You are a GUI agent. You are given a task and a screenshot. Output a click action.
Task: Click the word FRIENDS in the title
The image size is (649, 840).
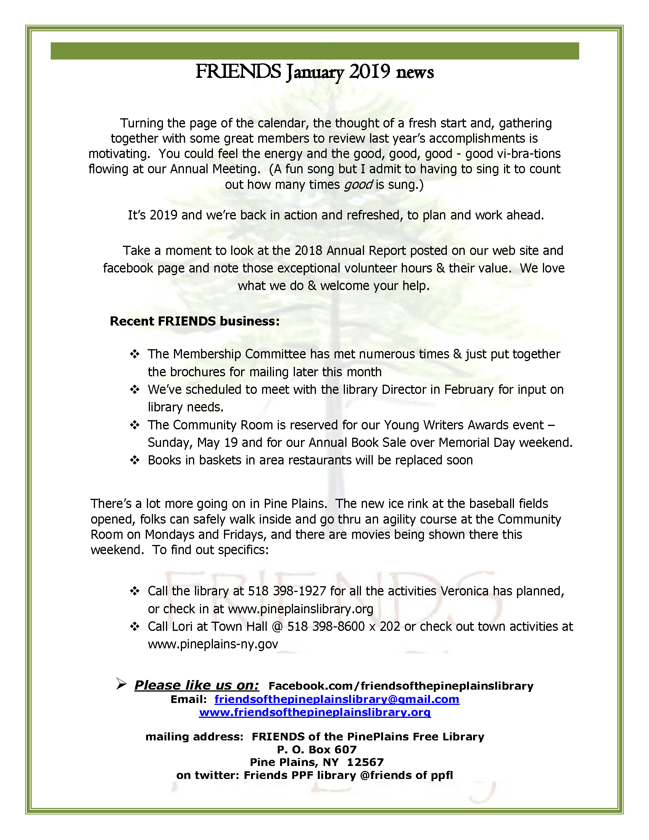pyautogui.click(x=238, y=72)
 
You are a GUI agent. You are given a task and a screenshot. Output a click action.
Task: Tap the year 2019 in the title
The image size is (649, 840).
pyautogui.click(x=369, y=72)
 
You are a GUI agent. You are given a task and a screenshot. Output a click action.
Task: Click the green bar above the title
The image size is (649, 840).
pyautogui.click(x=314, y=51)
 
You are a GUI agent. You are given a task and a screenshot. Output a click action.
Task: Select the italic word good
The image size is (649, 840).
pyautogui.click(x=358, y=185)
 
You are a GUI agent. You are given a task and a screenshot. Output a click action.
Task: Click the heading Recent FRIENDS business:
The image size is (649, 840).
pyautogui.click(x=195, y=321)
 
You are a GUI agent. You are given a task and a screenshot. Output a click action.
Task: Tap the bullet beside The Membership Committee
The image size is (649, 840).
pyautogui.click(x=135, y=354)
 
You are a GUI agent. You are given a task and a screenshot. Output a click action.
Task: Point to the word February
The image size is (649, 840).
pyautogui.click(x=469, y=389)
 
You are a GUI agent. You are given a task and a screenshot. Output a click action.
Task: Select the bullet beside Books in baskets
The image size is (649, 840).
pyautogui.click(x=135, y=460)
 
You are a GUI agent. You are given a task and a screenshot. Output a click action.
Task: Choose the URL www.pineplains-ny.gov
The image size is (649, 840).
pyautogui.click(x=213, y=644)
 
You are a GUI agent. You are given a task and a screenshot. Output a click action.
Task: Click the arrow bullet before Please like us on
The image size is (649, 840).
pyautogui.click(x=121, y=684)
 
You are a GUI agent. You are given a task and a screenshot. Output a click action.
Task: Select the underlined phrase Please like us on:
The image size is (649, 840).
pyautogui.click(x=196, y=685)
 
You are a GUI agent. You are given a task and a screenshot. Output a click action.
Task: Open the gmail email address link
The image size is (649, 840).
pyautogui.click(x=337, y=699)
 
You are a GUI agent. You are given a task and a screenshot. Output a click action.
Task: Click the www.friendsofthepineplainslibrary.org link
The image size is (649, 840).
pyautogui.click(x=314, y=712)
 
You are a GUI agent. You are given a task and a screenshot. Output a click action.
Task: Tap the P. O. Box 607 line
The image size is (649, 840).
pyautogui.click(x=316, y=749)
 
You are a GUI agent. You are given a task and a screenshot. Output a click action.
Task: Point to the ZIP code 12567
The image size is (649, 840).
pyautogui.click(x=365, y=762)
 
